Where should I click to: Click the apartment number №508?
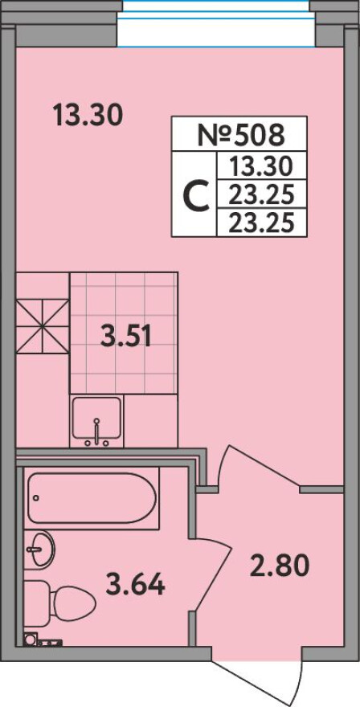pyautogui.click(x=242, y=134)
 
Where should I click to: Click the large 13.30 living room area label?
pyautogui.click(x=88, y=115)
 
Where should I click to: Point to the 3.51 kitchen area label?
pyautogui.click(x=125, y=337)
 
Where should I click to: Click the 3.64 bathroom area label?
pyautogui.click(x=135, y=584)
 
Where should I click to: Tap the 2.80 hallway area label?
pyautogui.click(x=280, y=565)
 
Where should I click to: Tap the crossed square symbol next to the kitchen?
pyautogui.click(x=43, y=326)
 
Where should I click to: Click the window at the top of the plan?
pyautogui.click(x=216, y=23)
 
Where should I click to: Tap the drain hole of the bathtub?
pyautogui.click(x=36, y=499)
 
